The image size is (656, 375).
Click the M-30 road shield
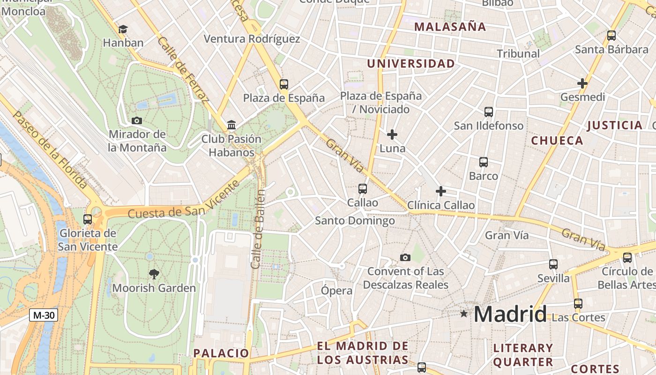point(44,315)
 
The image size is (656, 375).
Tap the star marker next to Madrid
point(464,314)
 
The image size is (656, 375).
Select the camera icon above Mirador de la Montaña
point(137,120)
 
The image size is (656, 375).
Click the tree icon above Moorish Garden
point(154,274)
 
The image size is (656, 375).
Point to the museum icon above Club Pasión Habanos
point(231,125)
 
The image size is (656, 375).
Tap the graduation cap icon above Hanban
point(123,29)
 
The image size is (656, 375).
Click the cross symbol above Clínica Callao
point(440,191)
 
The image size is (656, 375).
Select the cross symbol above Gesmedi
point(582,83)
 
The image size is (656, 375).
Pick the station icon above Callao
point(362,189)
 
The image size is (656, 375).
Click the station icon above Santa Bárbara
point(611,36)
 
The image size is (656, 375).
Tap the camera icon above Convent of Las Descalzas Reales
point(405,257)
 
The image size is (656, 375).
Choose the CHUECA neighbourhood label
point(557,141)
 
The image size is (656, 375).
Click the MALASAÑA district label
point(450,27)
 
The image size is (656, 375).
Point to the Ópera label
point(336,291)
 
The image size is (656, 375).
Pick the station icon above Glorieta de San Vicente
point(88,219)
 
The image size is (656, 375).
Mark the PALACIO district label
point(221,353)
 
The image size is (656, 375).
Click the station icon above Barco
point(484,162)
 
